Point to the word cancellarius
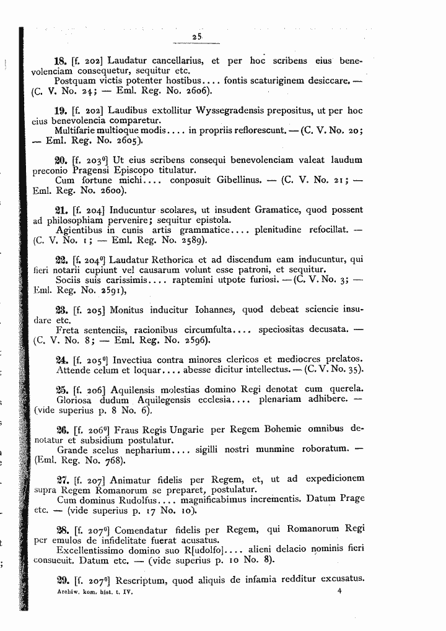171,61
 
